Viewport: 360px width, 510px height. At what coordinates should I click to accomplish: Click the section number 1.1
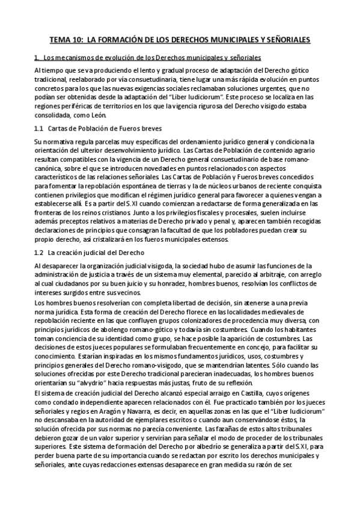(x=39, y=129)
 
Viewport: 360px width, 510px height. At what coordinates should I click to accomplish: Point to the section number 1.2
(x=39, y=253)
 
